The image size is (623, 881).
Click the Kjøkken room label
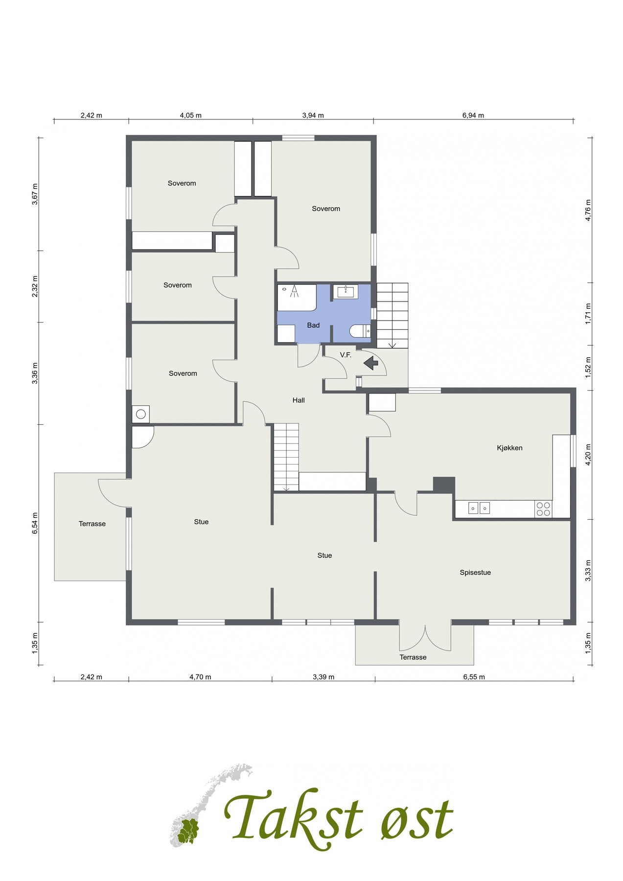[509, 448]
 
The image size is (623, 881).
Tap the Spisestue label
[475, 572]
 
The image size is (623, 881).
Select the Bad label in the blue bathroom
[313, 325]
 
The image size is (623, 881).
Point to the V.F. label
[346, 355]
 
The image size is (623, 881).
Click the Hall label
[299, 400]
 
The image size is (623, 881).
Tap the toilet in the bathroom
[360, 331]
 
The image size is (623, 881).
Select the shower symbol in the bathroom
[294, 292]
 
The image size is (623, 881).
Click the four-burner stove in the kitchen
[543, 509]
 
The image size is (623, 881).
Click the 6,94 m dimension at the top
[473, 116]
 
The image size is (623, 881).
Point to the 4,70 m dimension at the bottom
[200, 677]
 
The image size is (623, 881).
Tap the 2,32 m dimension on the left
[35, 286]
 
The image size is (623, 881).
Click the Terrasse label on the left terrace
[92, 524]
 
